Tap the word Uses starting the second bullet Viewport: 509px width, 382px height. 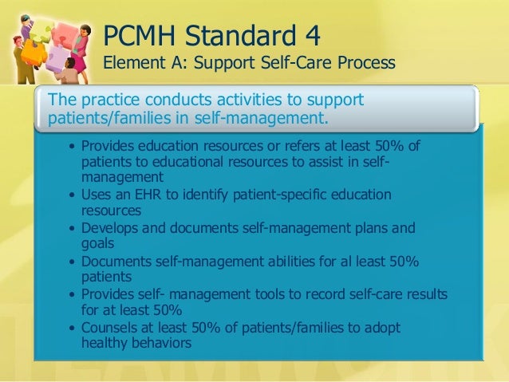point(97,195)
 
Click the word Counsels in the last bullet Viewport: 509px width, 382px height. point(109,329)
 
